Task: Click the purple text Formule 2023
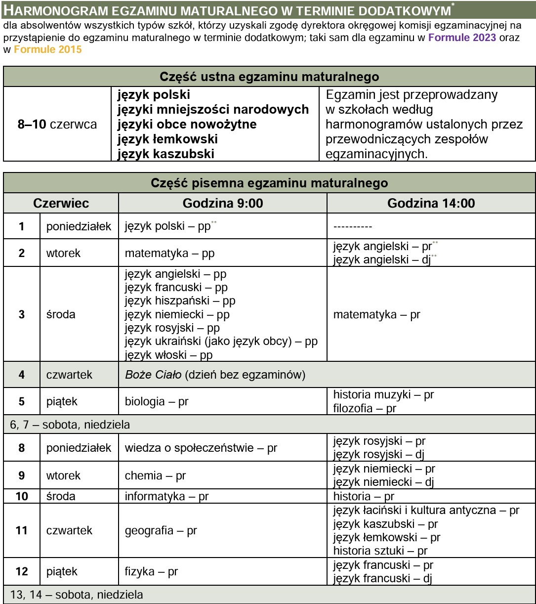pyautogui.click(x=462, y=38)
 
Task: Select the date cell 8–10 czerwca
pyautogui.click(x=57, y=125)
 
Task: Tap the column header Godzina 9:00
pyautogui.click(x=222, y=203)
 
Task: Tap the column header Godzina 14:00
pyautogui.click(x=431, y=203)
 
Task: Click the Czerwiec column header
pyautogui.click(x=61, y=203)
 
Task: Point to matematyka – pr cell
pyautogui.click(x=376, y=314)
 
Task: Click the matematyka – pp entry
pyautogui.click(x=169, y=253)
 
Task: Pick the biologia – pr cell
pyautogui.click(x=157, y=401)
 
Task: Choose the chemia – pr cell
pyautogui.click(x=155, y=475)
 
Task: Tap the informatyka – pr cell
pyautogui.click(x=166, y=496)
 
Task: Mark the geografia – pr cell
pyautogui.click(x=161, y=530)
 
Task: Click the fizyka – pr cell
pyautogui.click(x=151, y=572)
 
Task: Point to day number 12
pyautogui.click(x=22, y=572)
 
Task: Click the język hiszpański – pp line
pyautogui.click(x=180, y=301)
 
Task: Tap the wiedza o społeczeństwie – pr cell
pyautogui.click(x=201, y=448)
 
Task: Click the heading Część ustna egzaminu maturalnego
pyautogui.click(x=269, y=77)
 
